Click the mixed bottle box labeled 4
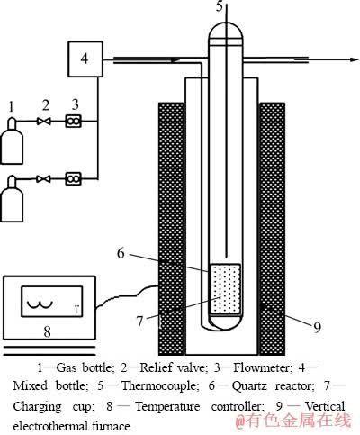point(85,59)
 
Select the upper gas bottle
point(12,141)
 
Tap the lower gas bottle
point(12,199)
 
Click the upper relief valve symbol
point(44,122)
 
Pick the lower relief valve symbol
point(44,179)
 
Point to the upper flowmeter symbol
point(74,122)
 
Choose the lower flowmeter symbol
point(74,179)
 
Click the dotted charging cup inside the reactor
point(225,289)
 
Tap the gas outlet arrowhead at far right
point(355,59)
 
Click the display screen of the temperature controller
point(51,301)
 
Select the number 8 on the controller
point(47,332)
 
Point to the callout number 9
point(318,327)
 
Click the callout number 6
point(121,254)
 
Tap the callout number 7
point(140,322)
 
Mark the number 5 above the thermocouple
point(220,6)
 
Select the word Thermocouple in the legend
point(159,385)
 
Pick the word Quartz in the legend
point(249,386)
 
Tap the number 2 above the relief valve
point(46,105)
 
